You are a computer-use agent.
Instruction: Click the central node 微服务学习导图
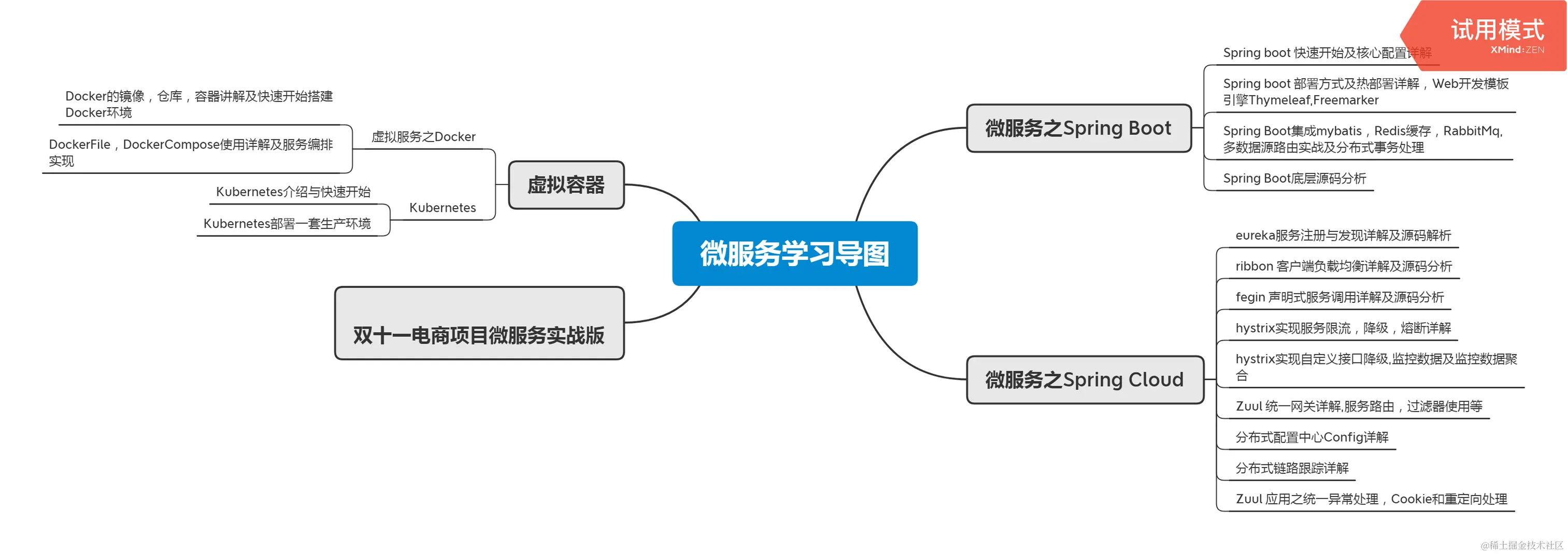(x=794, y=253)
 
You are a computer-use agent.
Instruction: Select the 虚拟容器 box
(x=566, y=185)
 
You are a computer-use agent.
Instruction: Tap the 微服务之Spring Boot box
(x=1078, y=128)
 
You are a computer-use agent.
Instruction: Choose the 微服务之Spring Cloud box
(x=1085, y=380)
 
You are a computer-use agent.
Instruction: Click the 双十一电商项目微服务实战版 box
(x=479, y=324)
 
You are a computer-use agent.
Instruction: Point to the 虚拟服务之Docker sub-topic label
(x=423, y=137)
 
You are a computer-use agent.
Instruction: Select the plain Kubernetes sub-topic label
(x=442, y=208)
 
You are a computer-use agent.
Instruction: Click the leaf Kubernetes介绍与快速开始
(x=293, y=192)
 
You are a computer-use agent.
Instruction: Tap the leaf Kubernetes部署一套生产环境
(x=287, y=223)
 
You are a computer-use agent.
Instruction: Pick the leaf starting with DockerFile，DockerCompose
(x=191, y=152)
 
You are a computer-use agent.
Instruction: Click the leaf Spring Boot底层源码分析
(x=1294, y=178)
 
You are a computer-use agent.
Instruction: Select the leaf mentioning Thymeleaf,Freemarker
(x=1365, y=92)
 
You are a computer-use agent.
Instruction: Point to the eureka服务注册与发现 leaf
(x=1343, y=236)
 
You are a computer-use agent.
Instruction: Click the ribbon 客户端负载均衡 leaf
(x=1343, y=266)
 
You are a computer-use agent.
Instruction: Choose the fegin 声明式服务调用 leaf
(x=1339, y=297)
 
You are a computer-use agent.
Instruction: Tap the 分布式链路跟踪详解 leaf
(x=1291, y=468)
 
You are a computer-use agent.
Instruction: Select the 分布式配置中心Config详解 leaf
(x=1312, y=437)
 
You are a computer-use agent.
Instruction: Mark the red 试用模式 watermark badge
(x=1496, y=35)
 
